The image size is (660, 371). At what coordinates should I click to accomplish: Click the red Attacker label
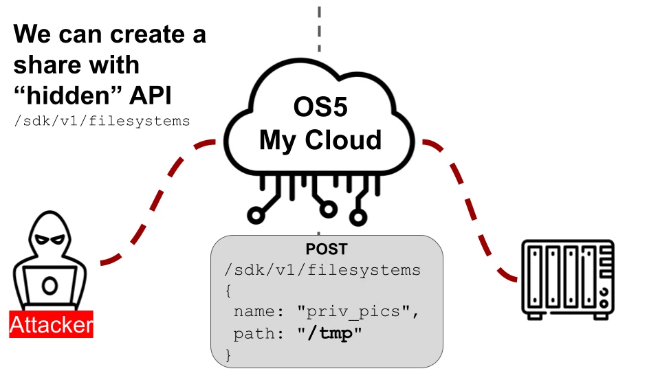point(51,324)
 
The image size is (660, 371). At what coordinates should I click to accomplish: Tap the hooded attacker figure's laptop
point(50,286)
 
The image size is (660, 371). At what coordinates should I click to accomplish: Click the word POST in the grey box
point(327,249)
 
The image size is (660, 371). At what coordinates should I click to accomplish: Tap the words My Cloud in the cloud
point(320,140)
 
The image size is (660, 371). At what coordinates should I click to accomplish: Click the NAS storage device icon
point(567,279)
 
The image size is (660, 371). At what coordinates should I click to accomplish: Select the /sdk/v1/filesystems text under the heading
point(102,121)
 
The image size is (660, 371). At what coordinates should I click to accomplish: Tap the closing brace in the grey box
point(229,355)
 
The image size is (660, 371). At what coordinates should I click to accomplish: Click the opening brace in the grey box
point(229,291)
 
